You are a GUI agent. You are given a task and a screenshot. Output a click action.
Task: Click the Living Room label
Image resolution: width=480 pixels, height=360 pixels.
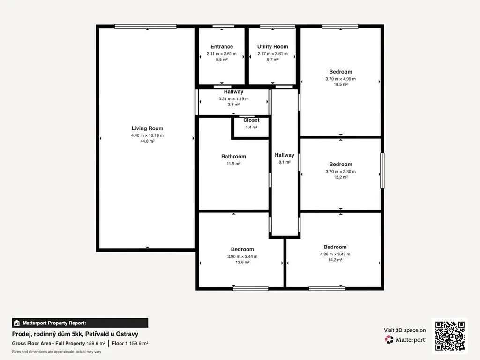point(147,128)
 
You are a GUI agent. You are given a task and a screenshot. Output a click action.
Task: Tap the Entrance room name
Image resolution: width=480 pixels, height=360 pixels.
point(222,46)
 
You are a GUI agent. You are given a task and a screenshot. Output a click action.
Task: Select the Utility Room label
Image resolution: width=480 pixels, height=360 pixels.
point(272,46)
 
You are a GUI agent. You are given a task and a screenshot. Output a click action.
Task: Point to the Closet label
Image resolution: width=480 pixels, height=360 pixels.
point(251,120)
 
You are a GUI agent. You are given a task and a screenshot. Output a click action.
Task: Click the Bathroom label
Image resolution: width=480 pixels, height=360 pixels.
point(233,157)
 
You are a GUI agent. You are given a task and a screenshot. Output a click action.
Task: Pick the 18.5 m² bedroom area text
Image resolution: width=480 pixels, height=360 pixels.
point(341,84)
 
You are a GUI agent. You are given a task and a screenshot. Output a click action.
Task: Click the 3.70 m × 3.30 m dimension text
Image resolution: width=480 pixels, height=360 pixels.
point(341,172)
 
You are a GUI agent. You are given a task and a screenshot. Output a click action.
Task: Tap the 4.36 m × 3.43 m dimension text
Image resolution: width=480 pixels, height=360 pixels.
point(335,254)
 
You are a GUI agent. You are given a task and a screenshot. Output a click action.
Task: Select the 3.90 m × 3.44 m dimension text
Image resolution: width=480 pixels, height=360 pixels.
point(242,256)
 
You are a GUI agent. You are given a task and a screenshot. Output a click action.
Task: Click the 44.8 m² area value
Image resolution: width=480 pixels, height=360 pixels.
point(147,141)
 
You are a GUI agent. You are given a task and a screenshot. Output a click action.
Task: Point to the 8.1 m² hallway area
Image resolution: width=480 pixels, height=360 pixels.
point(285,162)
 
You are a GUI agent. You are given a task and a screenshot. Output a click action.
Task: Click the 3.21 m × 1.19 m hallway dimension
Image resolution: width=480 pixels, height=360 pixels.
point(233,99)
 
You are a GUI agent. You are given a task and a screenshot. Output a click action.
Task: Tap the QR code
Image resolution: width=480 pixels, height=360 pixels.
point(450,336)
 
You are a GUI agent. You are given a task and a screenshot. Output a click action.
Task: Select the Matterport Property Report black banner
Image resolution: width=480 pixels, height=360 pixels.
point(80,323)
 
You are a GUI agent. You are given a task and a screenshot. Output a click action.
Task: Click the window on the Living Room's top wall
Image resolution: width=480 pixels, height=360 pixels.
point(146,26)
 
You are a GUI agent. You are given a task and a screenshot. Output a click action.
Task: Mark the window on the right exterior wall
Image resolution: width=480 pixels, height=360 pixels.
point(382,171)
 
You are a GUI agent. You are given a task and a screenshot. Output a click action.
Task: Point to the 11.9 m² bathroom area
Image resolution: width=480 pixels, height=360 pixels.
point(233,164)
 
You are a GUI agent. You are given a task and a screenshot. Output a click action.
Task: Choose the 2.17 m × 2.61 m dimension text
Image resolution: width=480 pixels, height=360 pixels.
point(272,54)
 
